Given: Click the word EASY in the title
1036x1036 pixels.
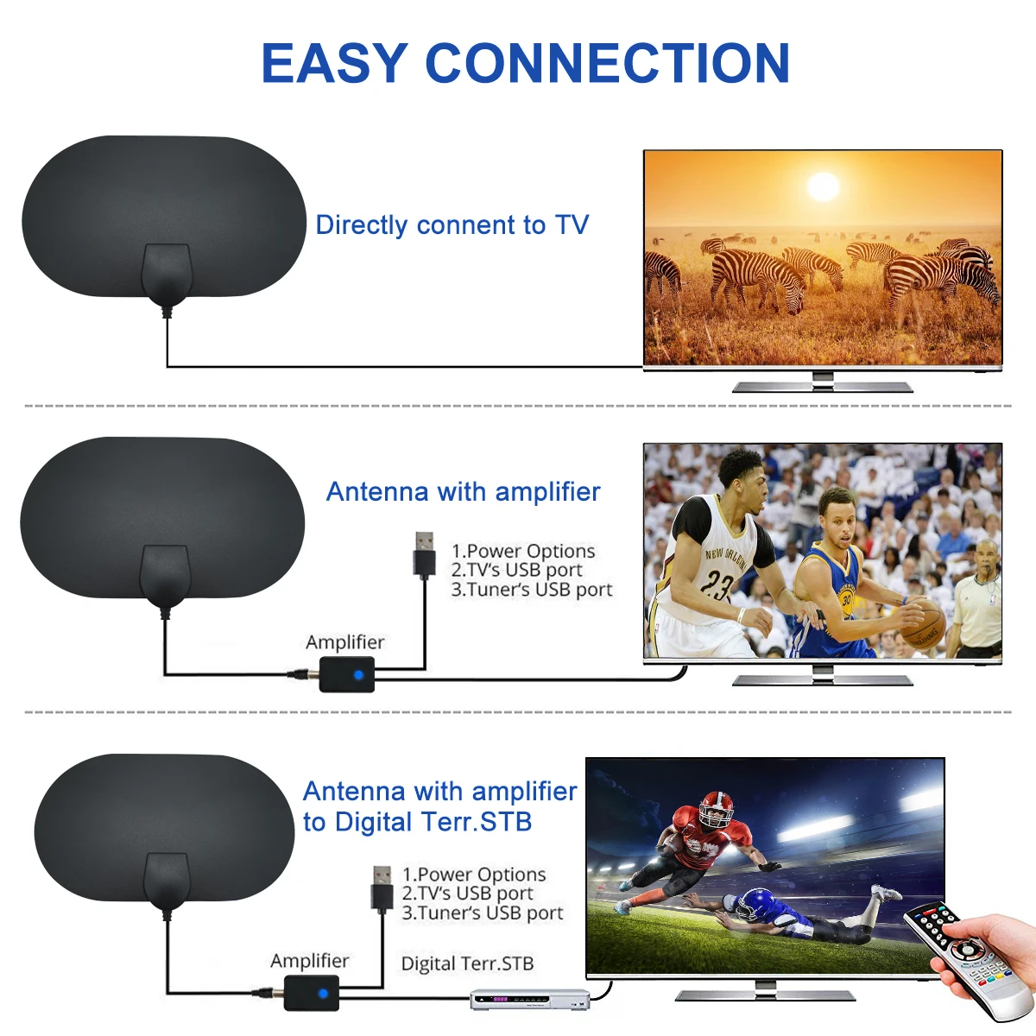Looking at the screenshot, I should tap(334, 64).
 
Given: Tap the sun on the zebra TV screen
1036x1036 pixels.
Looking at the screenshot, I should tap(823, 186).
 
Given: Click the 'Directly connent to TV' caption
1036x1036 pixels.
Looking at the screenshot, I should tap(452, 225).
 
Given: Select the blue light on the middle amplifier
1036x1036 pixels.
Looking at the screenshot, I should tap(358, 674).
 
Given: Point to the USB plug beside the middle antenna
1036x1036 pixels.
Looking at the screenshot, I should tap(424, 554).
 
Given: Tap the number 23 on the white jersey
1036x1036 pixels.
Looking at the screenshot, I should tap(716, 584).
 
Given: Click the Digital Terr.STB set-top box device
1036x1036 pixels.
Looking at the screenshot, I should tap(529, 1000).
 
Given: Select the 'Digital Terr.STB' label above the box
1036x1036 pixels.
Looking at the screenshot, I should tap(467, 963).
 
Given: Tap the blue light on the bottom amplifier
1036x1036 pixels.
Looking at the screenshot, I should tap(323, 994).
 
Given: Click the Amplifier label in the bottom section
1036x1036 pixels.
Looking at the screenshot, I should tap(309, 961).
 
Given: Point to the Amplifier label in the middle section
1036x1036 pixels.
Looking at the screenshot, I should tap(344, 642).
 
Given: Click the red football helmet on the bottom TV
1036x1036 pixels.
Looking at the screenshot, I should tap(715, 810).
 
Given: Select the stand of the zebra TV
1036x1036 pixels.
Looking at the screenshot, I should tap(822, 383).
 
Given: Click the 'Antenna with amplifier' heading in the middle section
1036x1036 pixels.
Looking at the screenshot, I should tap(463, 492).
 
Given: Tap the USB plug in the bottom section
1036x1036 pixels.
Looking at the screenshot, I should tap(382, 888).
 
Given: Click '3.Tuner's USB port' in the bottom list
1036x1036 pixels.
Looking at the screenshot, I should tap(482, 913).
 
